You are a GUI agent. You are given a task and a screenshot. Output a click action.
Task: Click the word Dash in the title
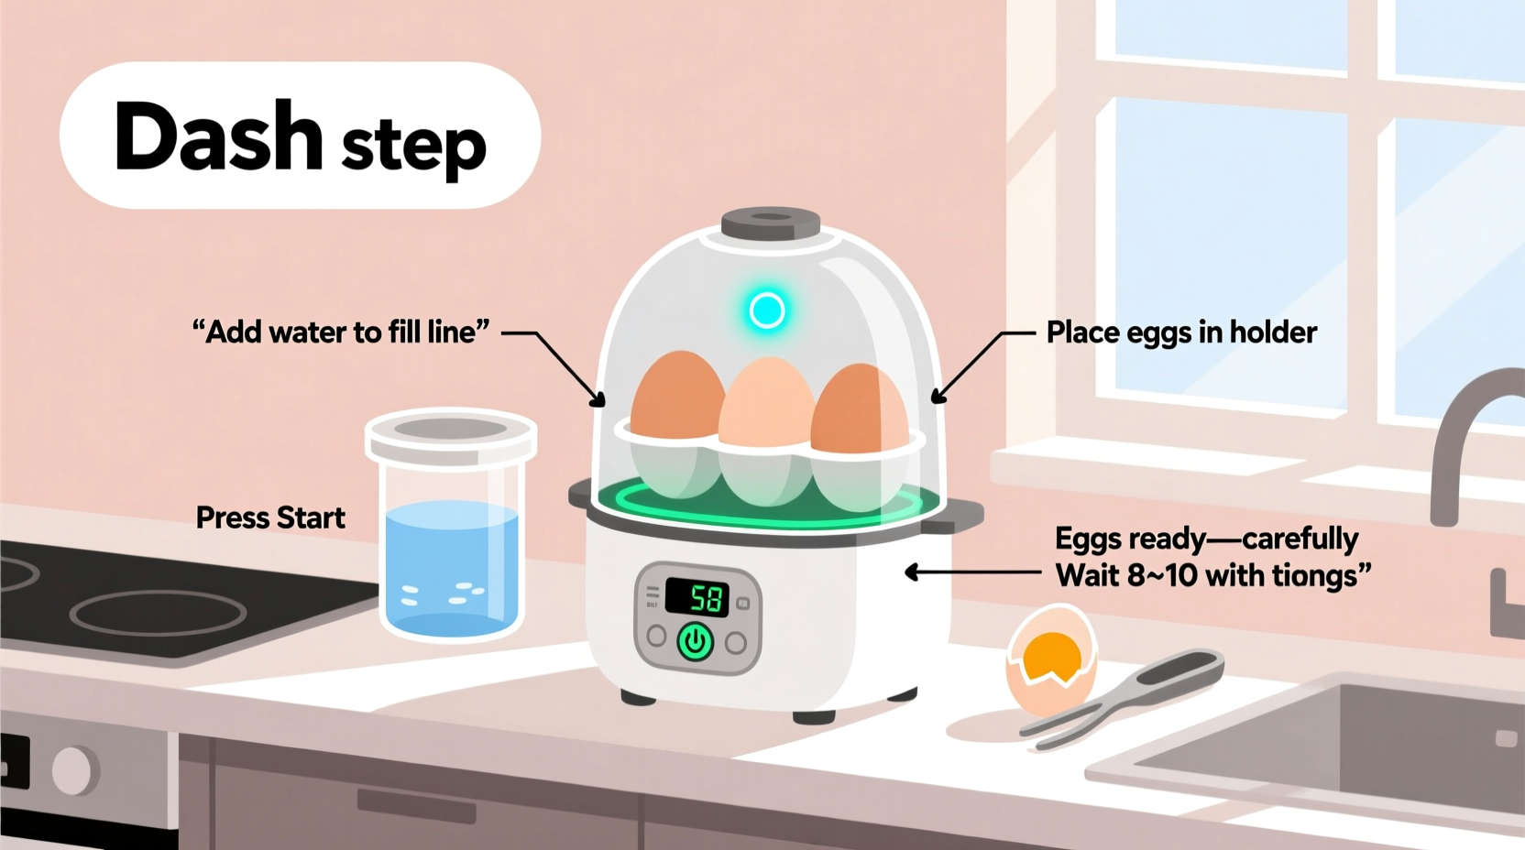218,136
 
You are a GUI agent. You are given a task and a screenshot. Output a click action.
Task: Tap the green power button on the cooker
695,641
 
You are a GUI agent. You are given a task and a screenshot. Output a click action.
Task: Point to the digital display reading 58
697,597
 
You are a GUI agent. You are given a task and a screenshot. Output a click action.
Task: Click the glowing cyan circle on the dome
767,311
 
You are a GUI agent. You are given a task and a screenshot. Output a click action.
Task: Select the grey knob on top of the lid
770,223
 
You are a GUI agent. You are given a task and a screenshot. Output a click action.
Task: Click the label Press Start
270,518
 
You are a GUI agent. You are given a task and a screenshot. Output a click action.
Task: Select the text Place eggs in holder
1181,332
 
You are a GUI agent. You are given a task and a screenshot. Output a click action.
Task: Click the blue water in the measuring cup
452,568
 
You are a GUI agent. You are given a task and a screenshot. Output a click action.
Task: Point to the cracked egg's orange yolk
1051,654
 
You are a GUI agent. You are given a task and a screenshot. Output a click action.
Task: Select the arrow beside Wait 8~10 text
971,572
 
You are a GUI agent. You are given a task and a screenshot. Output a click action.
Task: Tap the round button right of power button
736,642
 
